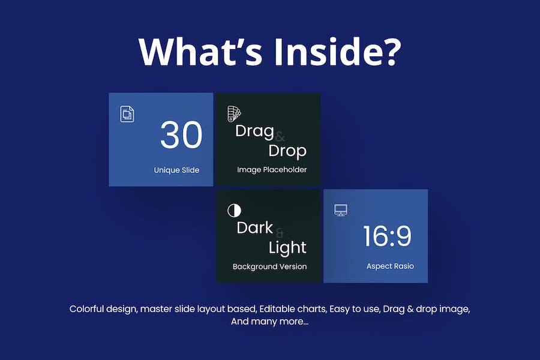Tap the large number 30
[181, 134]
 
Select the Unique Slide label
[176, 170]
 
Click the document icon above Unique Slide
[127, 114]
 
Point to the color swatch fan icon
[234, 113]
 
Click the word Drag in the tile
[254, 132]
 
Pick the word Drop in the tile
[287, 151]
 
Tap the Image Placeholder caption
[272, 169]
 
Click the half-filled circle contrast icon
[234, 210]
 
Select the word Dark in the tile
[254, 228]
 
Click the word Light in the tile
[287, 248]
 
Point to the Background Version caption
[269, 266]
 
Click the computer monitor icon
[341, 210]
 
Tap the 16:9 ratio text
[387, 236]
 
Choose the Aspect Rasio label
[390, 266]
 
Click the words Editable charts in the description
[293, 308]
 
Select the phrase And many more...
[269, 322]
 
